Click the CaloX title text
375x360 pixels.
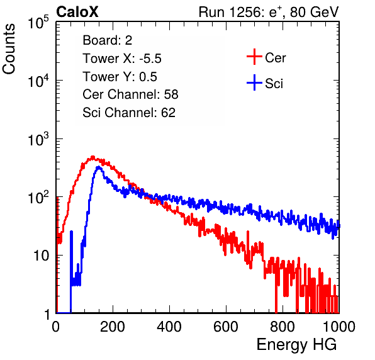tap(77, 12)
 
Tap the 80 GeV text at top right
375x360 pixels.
tap(314, 12)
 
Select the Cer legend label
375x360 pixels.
tap(275, 58)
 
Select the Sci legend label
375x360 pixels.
tap(274, 84)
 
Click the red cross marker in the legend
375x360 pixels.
tap(254, 57)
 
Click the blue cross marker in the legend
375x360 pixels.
tap(254, 82)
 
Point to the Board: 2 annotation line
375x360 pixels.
tap(107, 40)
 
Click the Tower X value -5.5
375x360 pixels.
tap(150, 59)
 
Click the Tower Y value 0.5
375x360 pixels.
tap(148, 77)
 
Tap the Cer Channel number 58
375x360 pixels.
tap(171, 94)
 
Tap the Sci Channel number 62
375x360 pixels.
tap(168, 113)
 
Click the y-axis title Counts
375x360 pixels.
tap(9, 48)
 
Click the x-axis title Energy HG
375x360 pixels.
tap(296, 345)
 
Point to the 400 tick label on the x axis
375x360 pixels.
tap(169, 327)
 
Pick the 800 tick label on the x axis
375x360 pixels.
tap(283, 327)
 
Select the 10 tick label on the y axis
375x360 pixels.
tap(41, 256)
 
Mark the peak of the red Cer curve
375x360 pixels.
tap(92, 157)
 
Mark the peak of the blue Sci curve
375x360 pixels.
tap(99, 167)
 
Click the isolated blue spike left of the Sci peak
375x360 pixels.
tap(71, 258)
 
